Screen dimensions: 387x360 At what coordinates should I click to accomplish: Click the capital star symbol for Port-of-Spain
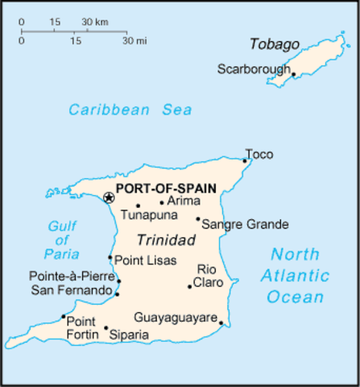pyautogui.click(x=109, y=198)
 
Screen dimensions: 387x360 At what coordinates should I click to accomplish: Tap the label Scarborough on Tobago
pyautogui.click(x=253, y=69)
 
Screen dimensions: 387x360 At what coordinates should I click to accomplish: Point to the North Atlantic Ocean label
pyautogui.click(x=296, y=275)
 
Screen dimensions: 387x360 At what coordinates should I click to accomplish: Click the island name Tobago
pyautogui.click(x=274, y=44)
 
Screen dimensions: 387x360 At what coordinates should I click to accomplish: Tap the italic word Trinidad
pyautogui.click(x=165, y=240)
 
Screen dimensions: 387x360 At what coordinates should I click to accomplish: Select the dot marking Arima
pyautogui.click(x=162, y=203)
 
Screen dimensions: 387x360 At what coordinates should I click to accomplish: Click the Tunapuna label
pyautogui.click(x=147, y=215)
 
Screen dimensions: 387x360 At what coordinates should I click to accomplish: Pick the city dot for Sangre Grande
pyautogui.click(x=198, y=218)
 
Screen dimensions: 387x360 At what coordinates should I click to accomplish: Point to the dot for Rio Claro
pyautogui.click(x=190, y=286)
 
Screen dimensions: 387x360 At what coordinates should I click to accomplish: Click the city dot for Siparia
pyautogui.click(x=106, y=328)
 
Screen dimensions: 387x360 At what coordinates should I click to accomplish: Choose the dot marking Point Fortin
pyautogui.click(x=64, y=317)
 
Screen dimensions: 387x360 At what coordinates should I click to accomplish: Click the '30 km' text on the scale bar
pyautogui.click(x=95, y=21)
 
